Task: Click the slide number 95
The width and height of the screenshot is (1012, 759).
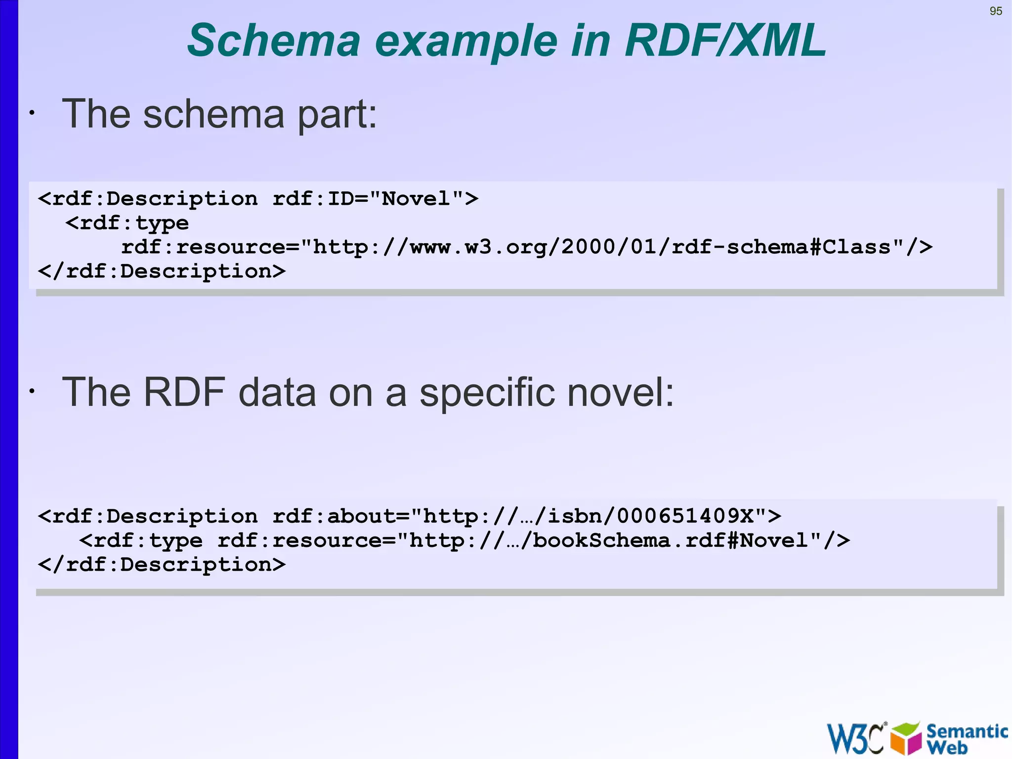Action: click(x=996, y=11)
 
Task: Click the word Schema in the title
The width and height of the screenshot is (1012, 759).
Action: click(x=274, y=41)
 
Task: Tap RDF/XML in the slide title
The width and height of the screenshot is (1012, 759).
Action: click(x=725, y=41)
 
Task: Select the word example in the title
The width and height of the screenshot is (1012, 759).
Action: click(x=466, y=42)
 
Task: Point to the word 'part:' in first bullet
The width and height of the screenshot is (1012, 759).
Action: click(x=337, y=115)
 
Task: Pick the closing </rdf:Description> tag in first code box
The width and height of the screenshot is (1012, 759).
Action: click(x=162, y=271)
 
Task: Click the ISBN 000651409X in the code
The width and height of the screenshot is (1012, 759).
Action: click(x=684, y=516)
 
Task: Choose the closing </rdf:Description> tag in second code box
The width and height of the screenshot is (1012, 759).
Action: click(x=162, y=565)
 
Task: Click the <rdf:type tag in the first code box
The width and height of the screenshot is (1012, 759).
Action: click(x=127, y=223)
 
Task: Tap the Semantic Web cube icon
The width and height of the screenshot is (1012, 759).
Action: click(x=906, y=738)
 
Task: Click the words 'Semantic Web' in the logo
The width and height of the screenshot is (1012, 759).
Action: click(x=966, y=738)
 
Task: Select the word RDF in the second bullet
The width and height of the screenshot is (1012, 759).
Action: click(x=184, y=393)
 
